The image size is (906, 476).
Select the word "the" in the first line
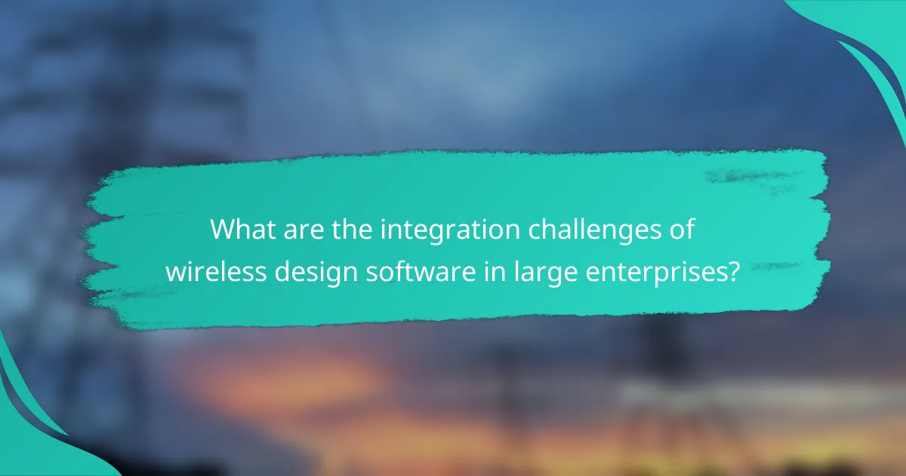[x=341, y=229]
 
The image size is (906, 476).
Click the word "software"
[x=393, y=270]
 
